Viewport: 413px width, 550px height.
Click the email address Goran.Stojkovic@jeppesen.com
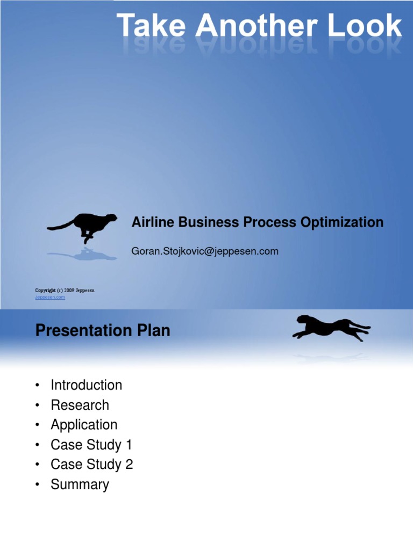(205, 251)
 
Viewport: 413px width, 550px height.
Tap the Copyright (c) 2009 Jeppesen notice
(65, 291)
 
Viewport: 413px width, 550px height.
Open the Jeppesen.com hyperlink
(50, 297)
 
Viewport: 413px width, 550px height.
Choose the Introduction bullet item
(86, 385)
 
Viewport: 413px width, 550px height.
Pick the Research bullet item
(80, 405)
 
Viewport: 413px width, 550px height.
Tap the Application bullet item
(84, 425)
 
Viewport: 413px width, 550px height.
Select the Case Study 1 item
(91, 445)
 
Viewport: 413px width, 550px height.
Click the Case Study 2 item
(91, 465)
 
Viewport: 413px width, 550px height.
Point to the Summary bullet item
(80, 484)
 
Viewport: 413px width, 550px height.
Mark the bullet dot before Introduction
(37, 386)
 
